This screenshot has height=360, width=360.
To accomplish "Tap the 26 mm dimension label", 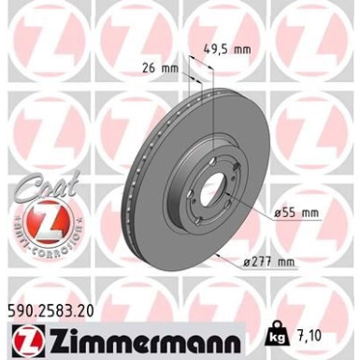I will click(156, 67).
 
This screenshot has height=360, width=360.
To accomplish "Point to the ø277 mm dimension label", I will click(259, 261).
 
